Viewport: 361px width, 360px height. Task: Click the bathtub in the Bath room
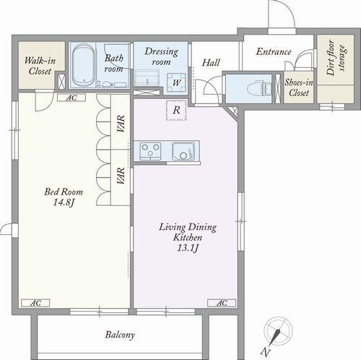pos(83,65)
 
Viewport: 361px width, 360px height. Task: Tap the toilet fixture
pos(260,88)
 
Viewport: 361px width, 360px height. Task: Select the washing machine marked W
pos(177,82)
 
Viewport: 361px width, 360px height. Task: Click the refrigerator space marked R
pos(177,110)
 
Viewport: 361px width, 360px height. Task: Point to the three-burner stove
pos(151,151)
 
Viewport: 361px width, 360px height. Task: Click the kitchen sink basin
pos(183,151)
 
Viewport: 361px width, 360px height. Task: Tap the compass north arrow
pos(275,338)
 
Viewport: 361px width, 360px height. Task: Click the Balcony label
pos(120,335)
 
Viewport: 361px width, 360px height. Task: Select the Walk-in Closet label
pos(40,66)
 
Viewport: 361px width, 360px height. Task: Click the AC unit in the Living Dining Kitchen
pos(222,303)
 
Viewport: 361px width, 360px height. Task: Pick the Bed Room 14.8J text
pos(64,197)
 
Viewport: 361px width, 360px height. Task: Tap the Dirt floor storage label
pos(336,58)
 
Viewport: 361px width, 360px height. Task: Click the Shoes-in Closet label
pos(299,87)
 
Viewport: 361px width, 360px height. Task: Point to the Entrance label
pos(274,51)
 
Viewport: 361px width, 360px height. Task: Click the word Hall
pos(211,63)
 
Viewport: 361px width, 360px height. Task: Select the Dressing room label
pos(161,56)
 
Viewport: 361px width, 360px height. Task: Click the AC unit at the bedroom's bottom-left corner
pos(35,303)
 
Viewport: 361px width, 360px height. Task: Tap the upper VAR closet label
pos(121,124)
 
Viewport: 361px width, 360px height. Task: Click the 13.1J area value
pos(188,248)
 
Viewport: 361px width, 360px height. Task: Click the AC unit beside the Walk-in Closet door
pos(71,98)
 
